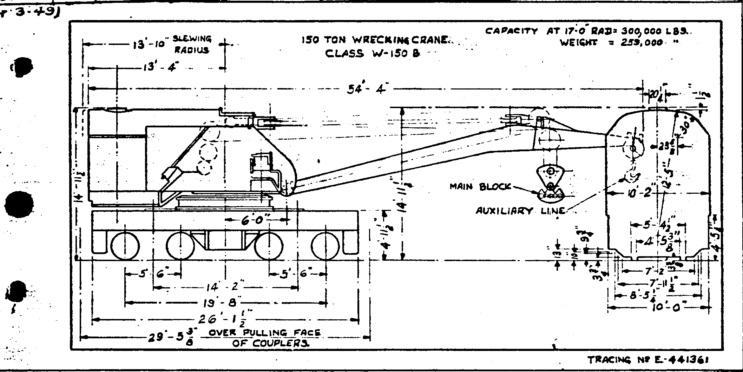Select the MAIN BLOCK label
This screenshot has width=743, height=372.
480,187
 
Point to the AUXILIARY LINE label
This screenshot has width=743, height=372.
520,211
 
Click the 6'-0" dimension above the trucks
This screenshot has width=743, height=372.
255,220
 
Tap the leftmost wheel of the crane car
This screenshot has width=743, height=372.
125,245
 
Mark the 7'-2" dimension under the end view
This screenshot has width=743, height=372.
661,271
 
